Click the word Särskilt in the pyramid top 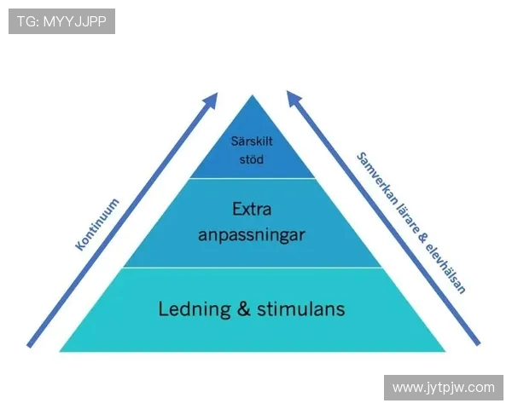(252, 141)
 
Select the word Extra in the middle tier (252, 209)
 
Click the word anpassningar (252, 233)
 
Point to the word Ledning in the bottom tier (195, 308)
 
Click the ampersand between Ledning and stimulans (243, 308)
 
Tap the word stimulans (299, 308)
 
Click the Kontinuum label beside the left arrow (96, 224)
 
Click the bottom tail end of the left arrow (30, 345)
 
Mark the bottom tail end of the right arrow (477, 343)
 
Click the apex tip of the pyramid (252, 95)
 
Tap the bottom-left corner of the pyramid (61, 350)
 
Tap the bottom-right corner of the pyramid (445, 350)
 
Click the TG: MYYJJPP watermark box (61, 21)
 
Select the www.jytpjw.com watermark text (443, 388)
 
